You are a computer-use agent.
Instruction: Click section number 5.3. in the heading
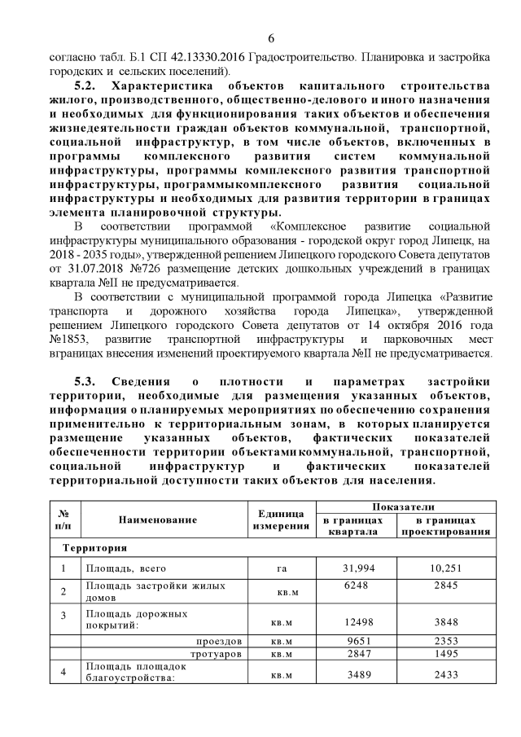click(90, 382)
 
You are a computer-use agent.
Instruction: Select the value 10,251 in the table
click(445, 568)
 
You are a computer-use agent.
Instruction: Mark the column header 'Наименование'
click(158, 519)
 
